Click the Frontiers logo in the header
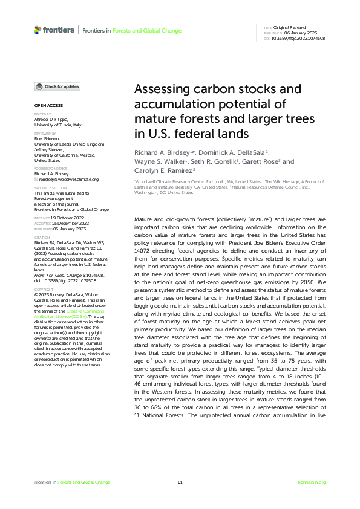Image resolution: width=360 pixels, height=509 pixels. [x=54, y=29]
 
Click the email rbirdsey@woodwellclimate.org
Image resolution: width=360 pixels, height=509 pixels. [x=68, y=180]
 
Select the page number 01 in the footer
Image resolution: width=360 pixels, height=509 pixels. [x=180, y=482]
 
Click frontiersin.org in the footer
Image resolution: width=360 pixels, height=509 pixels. [x=312, y=482]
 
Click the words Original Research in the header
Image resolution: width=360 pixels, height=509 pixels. [x=290, y=28]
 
